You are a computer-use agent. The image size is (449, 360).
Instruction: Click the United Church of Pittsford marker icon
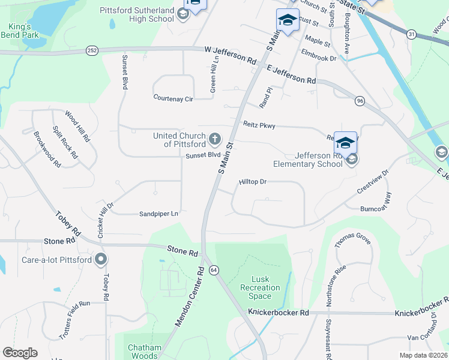point(215,140)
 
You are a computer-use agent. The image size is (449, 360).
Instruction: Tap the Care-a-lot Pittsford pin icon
point(101,260)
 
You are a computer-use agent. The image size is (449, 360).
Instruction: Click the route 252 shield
point(92,50)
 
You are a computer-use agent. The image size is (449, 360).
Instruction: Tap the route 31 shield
point(411,35)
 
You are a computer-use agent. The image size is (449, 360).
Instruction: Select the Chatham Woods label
point(144,352)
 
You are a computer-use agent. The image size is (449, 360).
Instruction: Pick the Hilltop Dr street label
point(253,181)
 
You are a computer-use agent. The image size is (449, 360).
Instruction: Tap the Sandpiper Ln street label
point(159,213)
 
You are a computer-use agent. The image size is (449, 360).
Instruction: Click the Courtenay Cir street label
point(173,97)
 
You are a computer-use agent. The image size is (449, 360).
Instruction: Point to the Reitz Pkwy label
point(259,125)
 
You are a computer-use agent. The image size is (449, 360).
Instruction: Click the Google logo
point(20,353)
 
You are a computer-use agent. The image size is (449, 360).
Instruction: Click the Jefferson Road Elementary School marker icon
point(353,159)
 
